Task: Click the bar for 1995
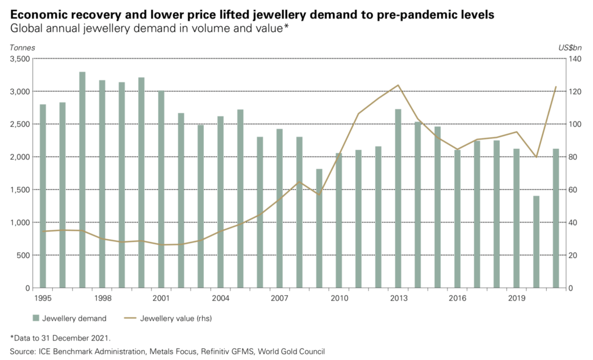[x=43, y=196]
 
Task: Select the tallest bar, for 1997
[x=82, y=180]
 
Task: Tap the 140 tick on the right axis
[x=576, y=59]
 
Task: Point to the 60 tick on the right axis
[x=573, y=190]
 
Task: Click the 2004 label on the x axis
[x=221, y=299]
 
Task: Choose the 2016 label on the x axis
[x=457, y=299]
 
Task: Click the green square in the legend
[x=36, y=318]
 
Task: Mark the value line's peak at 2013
[x=398, y=86]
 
